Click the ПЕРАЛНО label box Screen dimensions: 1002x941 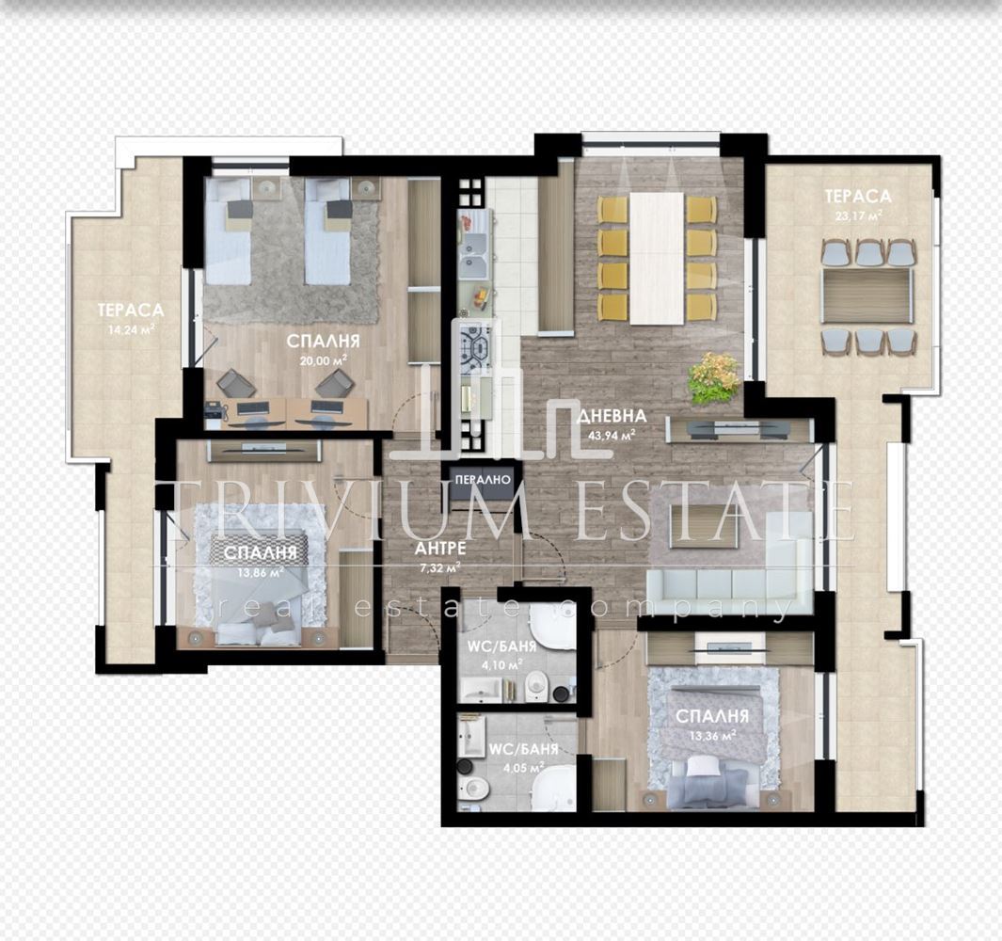tap(484, 479)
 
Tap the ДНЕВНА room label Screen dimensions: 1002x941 tap(612, 416)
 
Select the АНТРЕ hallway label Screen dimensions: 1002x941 tap(440, 548)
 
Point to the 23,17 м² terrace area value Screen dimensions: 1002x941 tap(857, 215)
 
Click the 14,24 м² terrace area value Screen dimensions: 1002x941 tap(131, 330)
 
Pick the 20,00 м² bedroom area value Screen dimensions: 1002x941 tap(324, 359)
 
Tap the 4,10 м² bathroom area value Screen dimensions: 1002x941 tap(501, 665)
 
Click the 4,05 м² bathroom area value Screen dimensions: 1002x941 tap(523, 768)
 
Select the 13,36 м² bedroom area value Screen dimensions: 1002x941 tap(712, 735)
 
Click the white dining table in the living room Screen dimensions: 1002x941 tap(657, 258)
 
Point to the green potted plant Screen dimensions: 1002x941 tap(714, 378)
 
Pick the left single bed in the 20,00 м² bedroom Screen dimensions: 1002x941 tap(228, 231)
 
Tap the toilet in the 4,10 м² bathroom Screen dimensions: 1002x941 tap(535, 689)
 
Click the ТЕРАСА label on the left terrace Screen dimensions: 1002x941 tap(131, 310)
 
